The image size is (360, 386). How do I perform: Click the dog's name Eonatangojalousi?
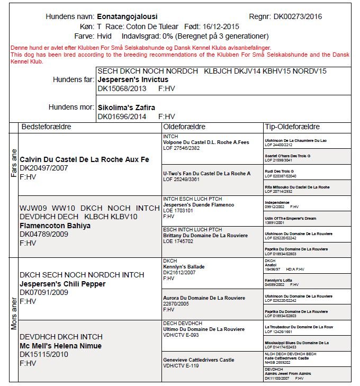(127, 17)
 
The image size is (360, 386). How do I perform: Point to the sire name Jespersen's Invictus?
(133, 79)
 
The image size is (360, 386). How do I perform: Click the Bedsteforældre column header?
(46, 127)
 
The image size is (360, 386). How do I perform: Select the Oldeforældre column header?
(184, 127)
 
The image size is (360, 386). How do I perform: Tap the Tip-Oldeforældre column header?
(292, 127)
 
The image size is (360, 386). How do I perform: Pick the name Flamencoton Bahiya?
(55, 226)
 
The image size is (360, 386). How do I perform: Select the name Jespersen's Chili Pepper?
(62, 284)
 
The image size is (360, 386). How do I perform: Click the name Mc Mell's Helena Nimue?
(60, 346)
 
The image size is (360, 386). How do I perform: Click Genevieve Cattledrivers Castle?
(199, 360)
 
